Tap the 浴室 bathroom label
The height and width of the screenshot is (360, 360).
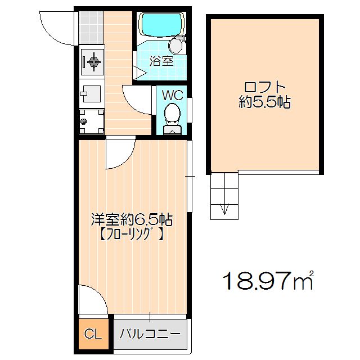(x=161, y=61)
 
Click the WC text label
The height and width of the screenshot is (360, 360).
(x=172, y=95)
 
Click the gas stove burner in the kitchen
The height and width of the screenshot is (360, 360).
(x=92, y=60)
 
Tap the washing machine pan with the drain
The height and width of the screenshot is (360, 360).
(x=92, y=121)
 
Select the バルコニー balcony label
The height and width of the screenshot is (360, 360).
(x=150, y=335)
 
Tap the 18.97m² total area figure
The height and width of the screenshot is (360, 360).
(x=268, y=280)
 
